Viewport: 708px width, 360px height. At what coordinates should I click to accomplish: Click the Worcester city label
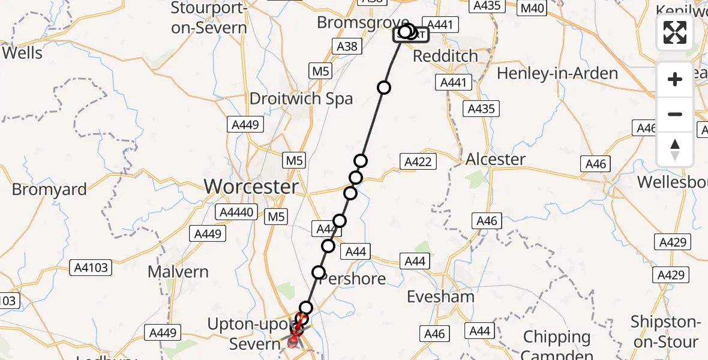pyautogui.click(x=251, y=187)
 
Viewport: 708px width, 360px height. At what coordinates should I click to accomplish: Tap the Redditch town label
pyautogui.click(x=445, y=56)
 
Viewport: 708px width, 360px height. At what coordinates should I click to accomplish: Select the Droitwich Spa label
pyautogui.click(x=301, y=99)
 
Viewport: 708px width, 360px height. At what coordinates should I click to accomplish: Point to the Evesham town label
pyautogui.click(x=440, y=296)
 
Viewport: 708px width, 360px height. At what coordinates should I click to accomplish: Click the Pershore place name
pyautogui.click(x=353, y=279)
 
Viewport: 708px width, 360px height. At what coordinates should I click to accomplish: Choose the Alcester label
pyautogui.click(x=496, y=159)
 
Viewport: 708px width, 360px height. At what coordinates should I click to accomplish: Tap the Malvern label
pyautogui.click(x=178, y=272)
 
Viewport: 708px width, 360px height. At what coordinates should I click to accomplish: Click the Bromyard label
pyautogui.click(x=50, y=190)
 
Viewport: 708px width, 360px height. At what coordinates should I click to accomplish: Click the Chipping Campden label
pyautogui.click(x=557, y=345)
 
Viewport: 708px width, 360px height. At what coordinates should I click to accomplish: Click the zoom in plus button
pyautogui.click(x=675, y=79)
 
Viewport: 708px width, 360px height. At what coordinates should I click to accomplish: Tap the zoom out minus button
pyautogui.click(x=675, y=114)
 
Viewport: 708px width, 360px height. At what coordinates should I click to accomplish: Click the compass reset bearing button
pyautogui.click(x=675, y=149)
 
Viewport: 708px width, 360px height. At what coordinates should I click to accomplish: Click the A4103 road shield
pyautogui.click(x=90, y=268)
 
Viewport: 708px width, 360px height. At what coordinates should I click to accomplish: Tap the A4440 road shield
pyautogui.click(x=239, y=212)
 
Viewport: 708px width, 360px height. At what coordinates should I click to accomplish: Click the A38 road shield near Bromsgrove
pyautogui.click(x=347, y=47)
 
